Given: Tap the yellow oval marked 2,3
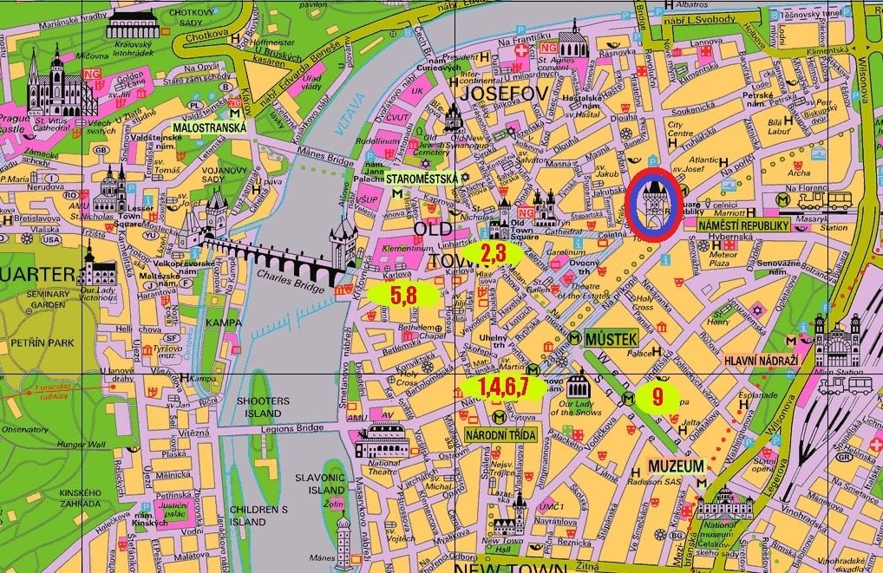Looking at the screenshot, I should pyautogui.click(x=493, y=253).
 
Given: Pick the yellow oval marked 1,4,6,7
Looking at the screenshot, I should pyautogui.click(x=503, y=387).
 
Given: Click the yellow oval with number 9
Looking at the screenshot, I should pyautogui.click(x=657, y=397).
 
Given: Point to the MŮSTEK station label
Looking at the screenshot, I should pyautogui.click(x=612, y=337).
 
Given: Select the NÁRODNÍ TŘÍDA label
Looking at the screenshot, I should pyautogui.click(x=501, y=434).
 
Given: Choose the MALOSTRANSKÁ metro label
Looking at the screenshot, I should pyautogui.click(x=209, y=127).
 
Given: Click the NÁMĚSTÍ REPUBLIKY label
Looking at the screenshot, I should pyautogui.click(x=743, y=225).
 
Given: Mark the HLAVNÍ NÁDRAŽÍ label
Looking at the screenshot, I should pyautogui.click(x=761, y=357).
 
